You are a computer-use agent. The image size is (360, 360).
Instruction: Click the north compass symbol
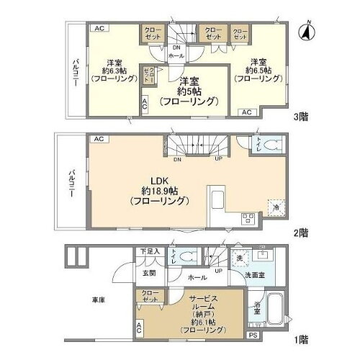pos(305,32)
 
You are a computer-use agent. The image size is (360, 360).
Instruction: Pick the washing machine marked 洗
pos(240,257)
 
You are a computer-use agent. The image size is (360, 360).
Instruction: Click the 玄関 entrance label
pos(148,273)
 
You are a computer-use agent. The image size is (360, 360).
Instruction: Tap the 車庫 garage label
pos(99,300)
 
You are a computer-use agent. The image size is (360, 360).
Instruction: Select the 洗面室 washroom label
pos(261,274)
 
